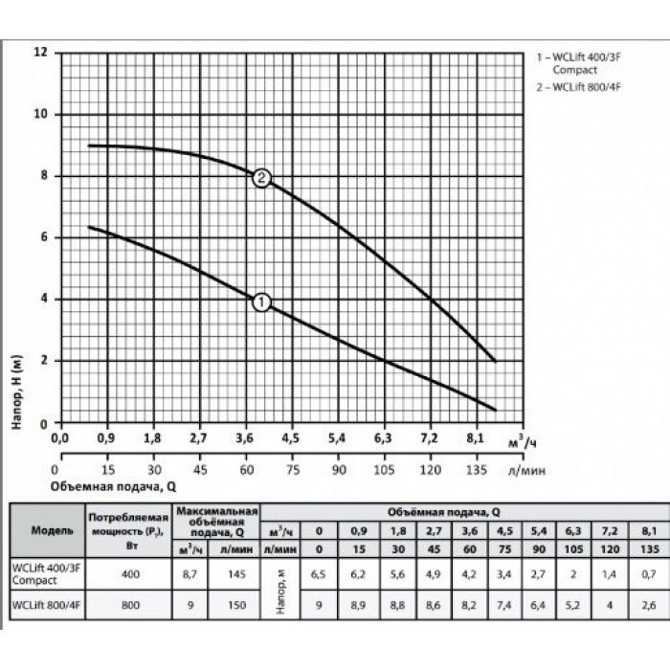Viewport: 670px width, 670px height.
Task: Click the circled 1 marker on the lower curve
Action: (x=262, y=301)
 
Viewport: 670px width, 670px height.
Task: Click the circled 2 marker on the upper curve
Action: (x=262, y=178)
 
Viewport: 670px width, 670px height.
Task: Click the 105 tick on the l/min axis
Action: (x=383, y=470)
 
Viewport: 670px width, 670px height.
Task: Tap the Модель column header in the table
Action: (x=45, y=529)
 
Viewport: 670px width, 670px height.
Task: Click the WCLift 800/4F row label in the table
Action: (x=45, y=605)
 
